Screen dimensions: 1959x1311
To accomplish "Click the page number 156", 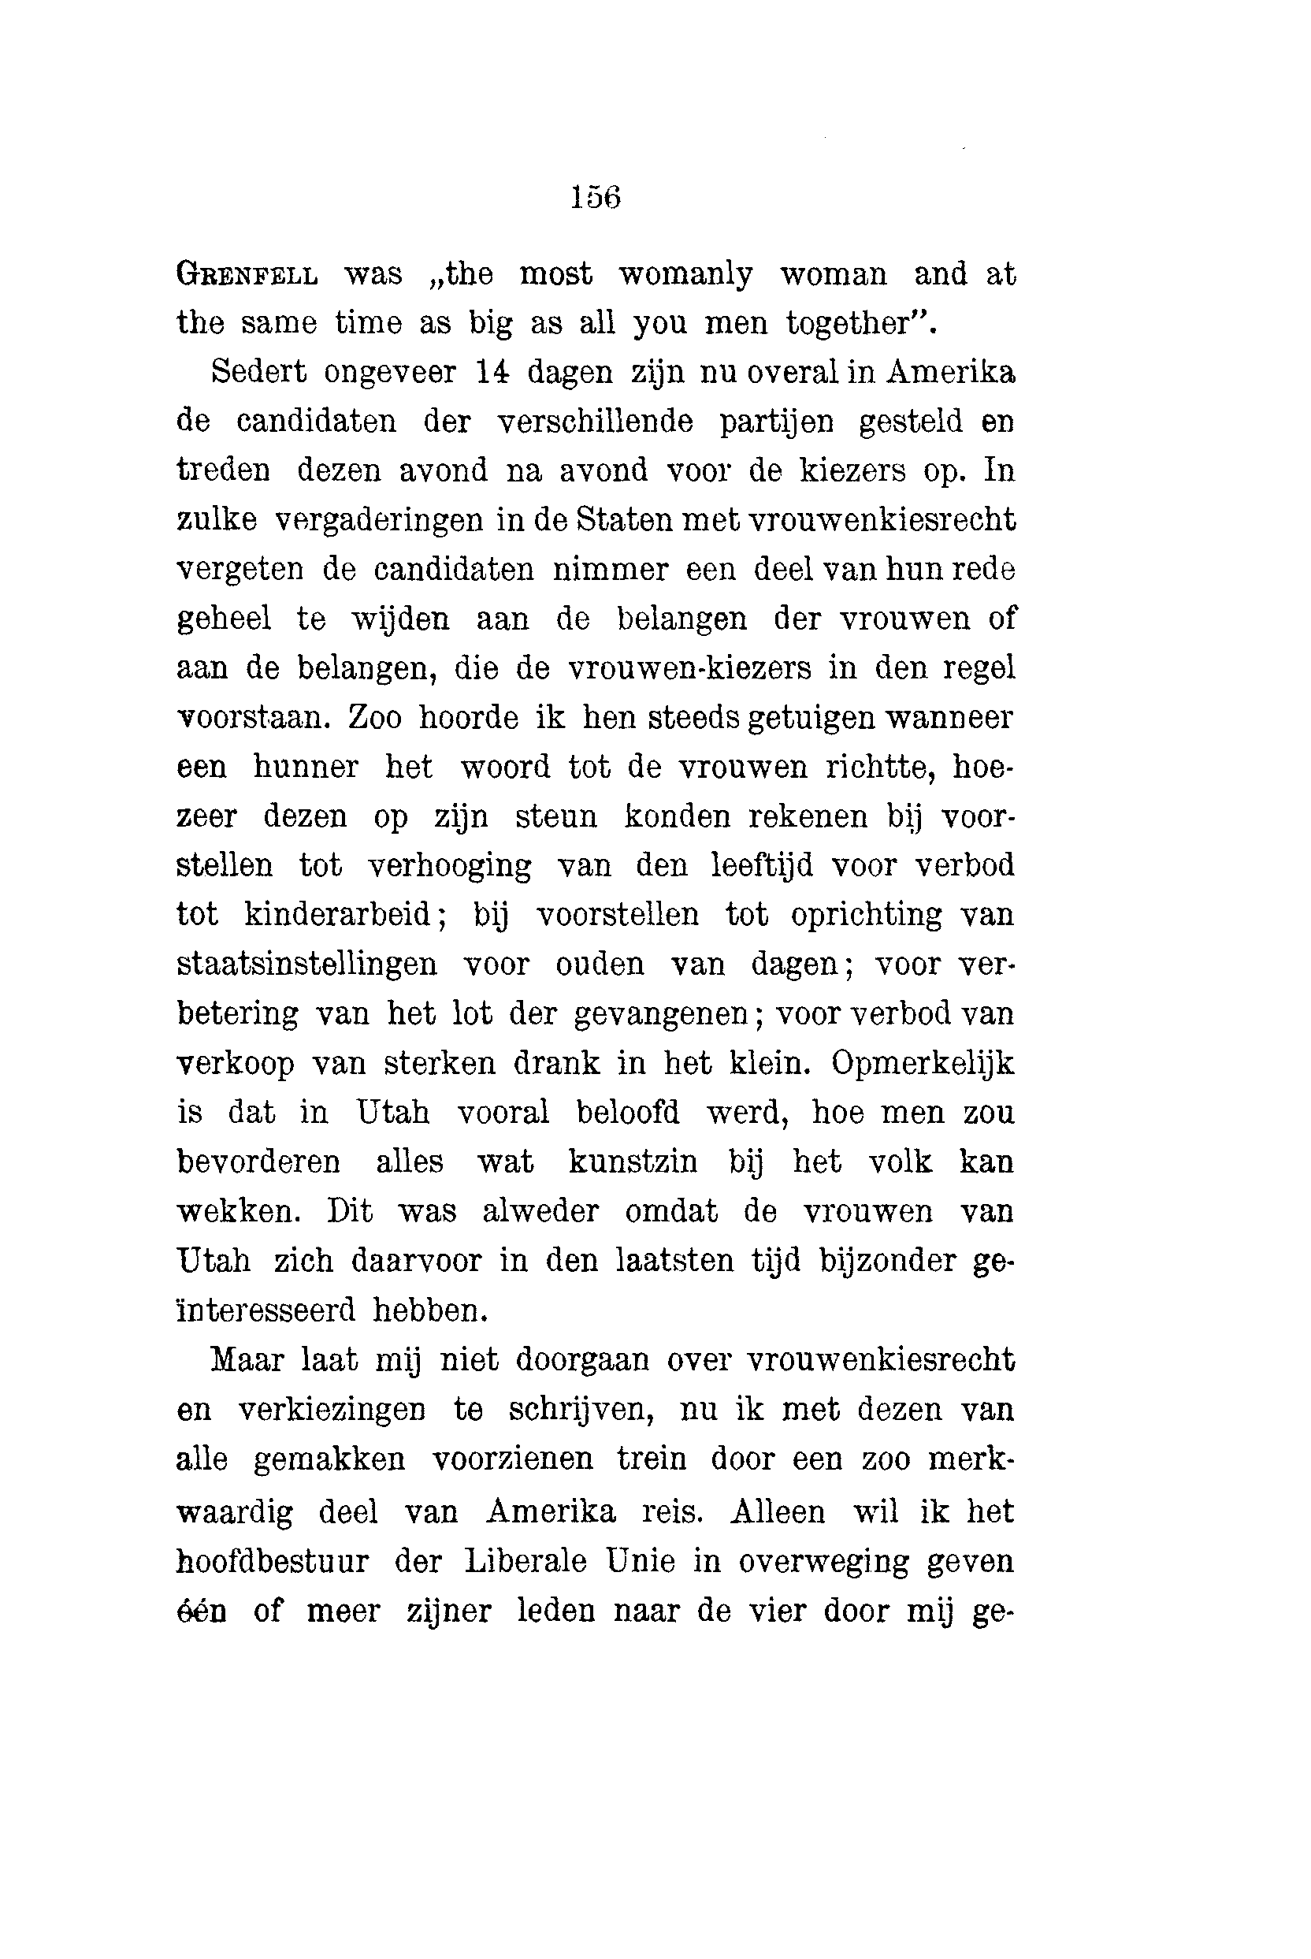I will tap(596, 197).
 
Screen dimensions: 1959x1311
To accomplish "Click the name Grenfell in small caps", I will tap(247, 275).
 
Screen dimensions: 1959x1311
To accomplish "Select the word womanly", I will tap(685, 275).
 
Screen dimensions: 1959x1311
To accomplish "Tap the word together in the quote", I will tap(849, 324).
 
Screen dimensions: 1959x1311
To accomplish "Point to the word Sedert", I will tap(258, 372).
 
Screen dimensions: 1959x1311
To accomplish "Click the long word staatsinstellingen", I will tap(306, 964).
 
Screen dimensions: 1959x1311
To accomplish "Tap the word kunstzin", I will tap(633, 1162).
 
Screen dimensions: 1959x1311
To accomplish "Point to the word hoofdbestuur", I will tap(273, 1562).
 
